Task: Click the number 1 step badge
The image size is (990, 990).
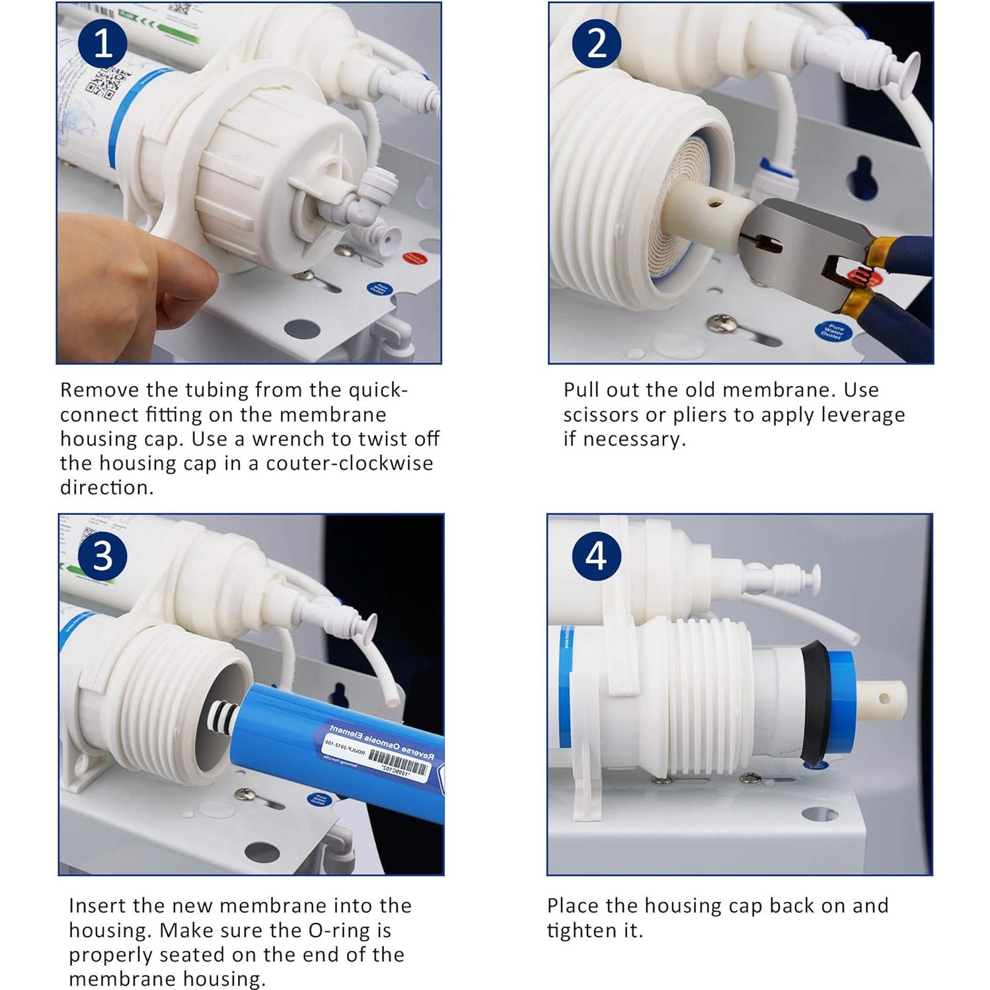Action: click(x=103, y=44)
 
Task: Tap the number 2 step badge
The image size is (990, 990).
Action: click(x=596, y=43)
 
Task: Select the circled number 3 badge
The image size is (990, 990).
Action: click(x=102, y=556)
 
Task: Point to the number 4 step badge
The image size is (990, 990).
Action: click(x=595, y=556)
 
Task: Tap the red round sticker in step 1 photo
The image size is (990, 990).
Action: click(x=414, y=258)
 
